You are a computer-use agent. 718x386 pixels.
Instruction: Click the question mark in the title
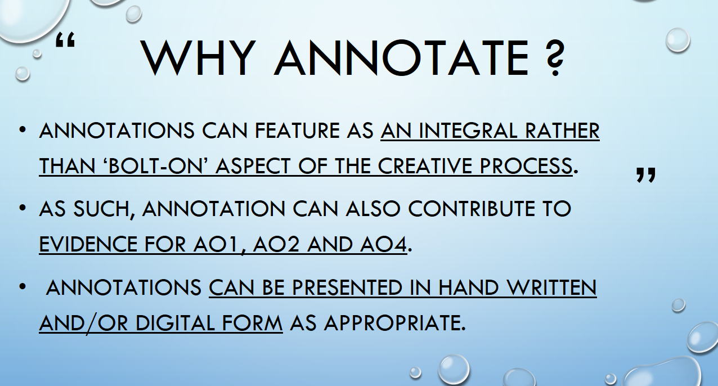click(554, 58)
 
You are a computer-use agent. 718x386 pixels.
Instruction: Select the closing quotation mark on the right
click(646, 175)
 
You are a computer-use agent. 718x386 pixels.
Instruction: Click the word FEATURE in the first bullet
click(298, 131)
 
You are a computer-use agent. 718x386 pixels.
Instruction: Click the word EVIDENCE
click(88, 244)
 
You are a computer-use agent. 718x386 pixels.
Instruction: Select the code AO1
click(216, 244)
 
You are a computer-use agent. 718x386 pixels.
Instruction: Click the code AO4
click(383, 244)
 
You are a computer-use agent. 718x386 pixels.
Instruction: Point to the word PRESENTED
click(347, 288)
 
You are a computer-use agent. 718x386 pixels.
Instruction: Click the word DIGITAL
click(175, 323)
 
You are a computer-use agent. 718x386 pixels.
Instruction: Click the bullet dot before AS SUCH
click(23, 208)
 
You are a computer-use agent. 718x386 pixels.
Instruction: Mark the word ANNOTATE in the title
click(401, 58)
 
